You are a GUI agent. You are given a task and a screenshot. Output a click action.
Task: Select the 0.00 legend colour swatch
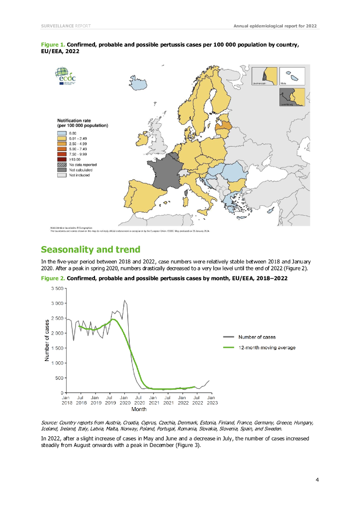(62, 133)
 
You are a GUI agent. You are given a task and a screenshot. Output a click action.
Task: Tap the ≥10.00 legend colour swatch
(62, 159)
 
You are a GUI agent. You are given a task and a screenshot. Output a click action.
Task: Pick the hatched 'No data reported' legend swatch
(62, 165)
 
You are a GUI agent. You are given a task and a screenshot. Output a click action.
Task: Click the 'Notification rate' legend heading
(75, 120)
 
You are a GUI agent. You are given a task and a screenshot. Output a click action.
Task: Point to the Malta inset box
(292, 77)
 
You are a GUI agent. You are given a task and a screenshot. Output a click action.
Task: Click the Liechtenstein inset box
(264, 77)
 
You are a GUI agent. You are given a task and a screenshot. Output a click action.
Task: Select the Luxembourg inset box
(292, 97)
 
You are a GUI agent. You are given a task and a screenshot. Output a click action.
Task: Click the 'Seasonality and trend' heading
(90, 249)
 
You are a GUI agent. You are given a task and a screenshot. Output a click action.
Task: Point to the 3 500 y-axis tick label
(57, 288)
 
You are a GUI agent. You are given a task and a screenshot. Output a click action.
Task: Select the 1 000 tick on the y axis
(57, 363)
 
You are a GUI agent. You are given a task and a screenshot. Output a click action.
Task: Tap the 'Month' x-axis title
(139, 410)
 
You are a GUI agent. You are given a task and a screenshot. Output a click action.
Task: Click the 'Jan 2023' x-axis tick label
(211, 401)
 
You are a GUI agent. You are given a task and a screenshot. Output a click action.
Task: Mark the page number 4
(317, 480)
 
